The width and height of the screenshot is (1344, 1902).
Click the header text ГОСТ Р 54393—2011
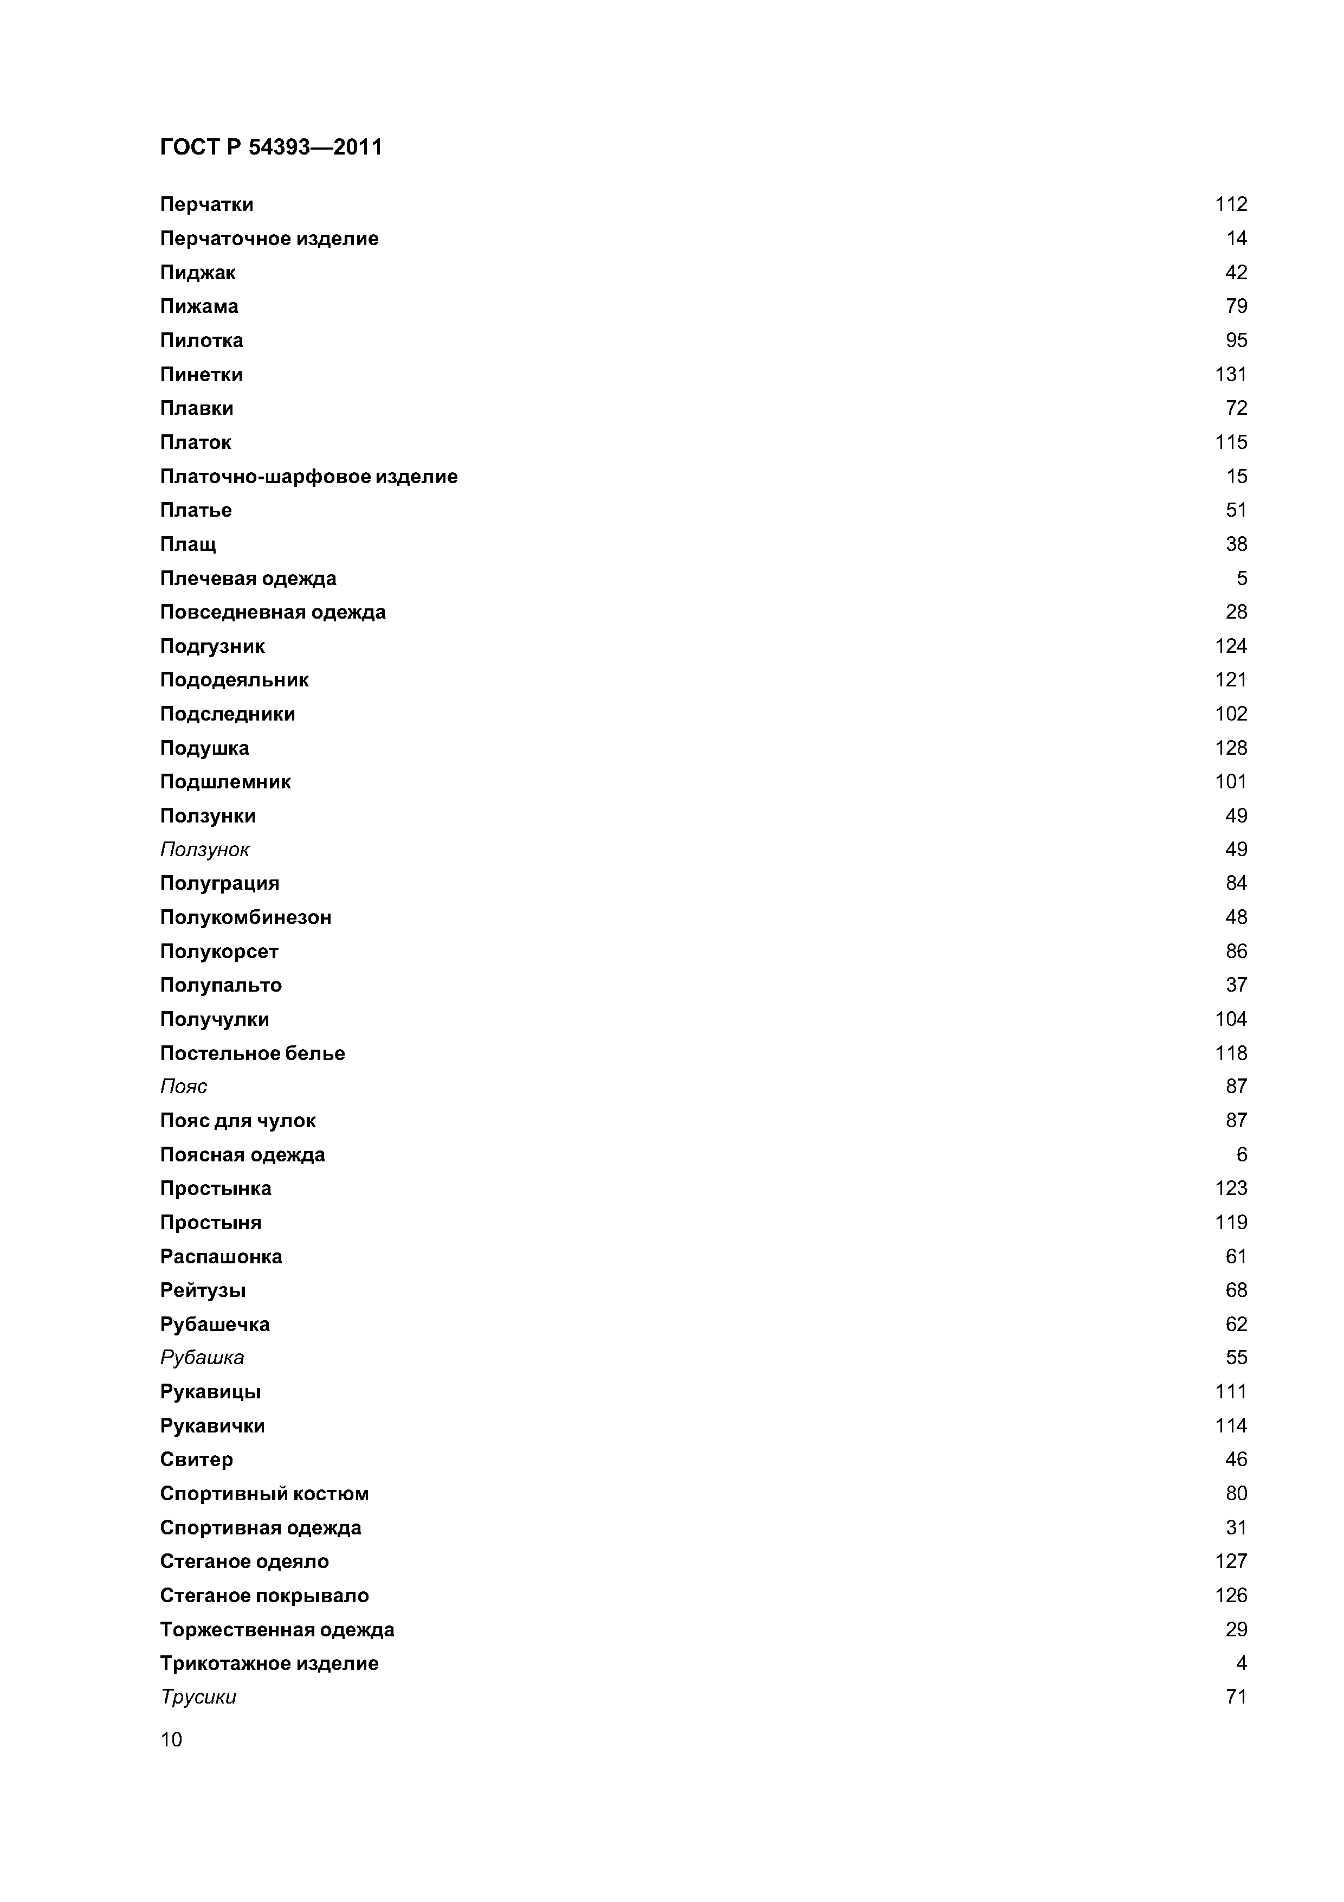[271, 147]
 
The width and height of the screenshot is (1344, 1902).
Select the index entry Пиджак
[198, 273]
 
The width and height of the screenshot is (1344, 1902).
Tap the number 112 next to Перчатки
[1231, 204]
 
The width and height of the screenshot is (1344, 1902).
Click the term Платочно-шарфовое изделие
[309, 477]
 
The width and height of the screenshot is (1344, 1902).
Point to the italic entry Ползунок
[204, 849]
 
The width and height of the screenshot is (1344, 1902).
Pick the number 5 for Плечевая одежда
[1242, 578]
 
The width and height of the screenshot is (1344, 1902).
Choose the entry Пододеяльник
[234, 680]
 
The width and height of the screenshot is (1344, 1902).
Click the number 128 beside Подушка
[1231, 748]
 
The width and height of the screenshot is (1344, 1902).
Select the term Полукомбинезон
[246, 917]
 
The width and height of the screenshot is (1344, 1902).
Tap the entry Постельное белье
[253, 1053]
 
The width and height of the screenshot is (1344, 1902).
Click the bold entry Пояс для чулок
[238, 1121]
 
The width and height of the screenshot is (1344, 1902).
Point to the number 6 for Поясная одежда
[1242, 1155]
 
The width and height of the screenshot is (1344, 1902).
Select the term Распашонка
[221, 1257]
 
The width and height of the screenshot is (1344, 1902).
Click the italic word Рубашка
[202, 1357]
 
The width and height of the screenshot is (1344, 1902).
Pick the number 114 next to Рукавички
[1231, 1425]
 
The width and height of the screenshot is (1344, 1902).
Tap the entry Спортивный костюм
[264, 1494]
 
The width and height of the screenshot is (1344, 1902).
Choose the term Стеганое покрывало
[264, 1596]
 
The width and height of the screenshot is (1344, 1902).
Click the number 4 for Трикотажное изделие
[1242, 1663]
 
